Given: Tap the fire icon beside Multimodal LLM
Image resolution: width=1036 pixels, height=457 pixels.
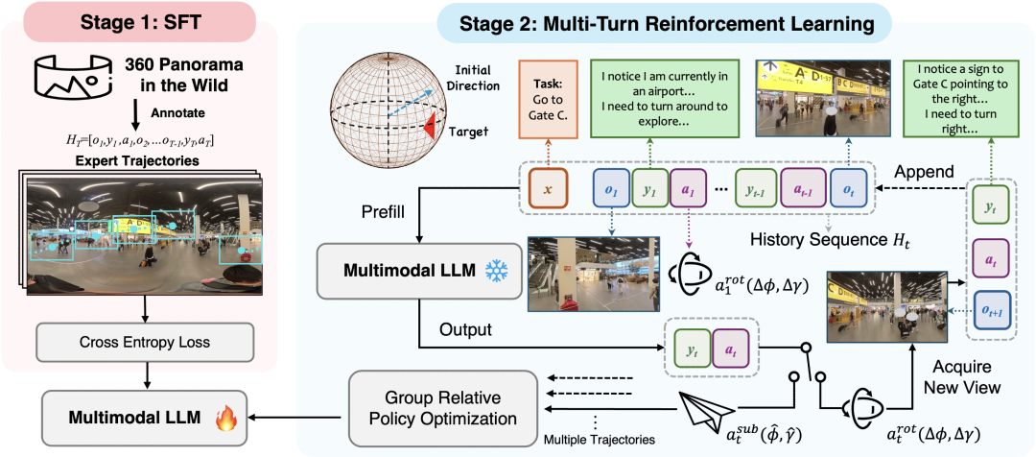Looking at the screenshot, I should pos(227,419).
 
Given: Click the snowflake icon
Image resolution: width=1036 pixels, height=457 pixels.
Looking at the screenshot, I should pos(496,272).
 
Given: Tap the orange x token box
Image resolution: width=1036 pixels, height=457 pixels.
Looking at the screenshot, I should pos(548,189).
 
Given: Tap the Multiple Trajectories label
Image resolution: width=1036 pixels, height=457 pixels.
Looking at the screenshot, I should pos(599,439).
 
